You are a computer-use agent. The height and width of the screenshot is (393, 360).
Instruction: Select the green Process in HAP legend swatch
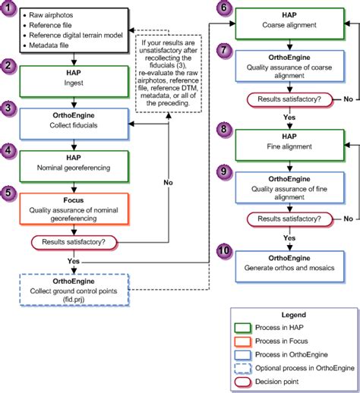243,328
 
